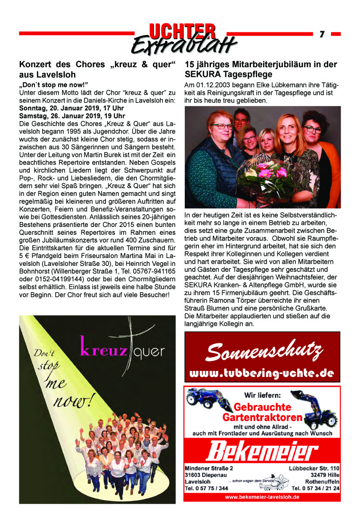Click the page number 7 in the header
322,34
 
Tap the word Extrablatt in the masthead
184,44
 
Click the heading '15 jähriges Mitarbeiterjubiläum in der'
261,65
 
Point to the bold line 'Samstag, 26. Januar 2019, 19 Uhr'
72,116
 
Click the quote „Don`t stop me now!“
53,83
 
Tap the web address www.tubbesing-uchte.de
262,374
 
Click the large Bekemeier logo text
262,452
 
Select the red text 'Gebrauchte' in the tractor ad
257,407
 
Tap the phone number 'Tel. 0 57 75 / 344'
206,488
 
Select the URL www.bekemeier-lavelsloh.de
262,497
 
